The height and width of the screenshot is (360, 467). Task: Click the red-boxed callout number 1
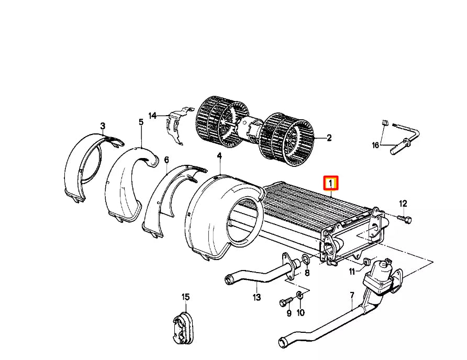pos(331,184)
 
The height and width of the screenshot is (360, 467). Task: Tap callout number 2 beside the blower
pos(329,138)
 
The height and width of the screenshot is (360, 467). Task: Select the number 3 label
pos(103,126)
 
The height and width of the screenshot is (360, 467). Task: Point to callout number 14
pos(152,116)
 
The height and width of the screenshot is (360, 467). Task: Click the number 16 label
pos(375,145)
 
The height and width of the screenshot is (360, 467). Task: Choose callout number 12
pos(403,204)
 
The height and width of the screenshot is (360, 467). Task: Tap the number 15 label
pos(185,297)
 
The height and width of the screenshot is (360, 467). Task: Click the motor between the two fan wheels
pos(250,129)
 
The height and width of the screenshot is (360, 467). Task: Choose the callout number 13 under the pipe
pos(256,298)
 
